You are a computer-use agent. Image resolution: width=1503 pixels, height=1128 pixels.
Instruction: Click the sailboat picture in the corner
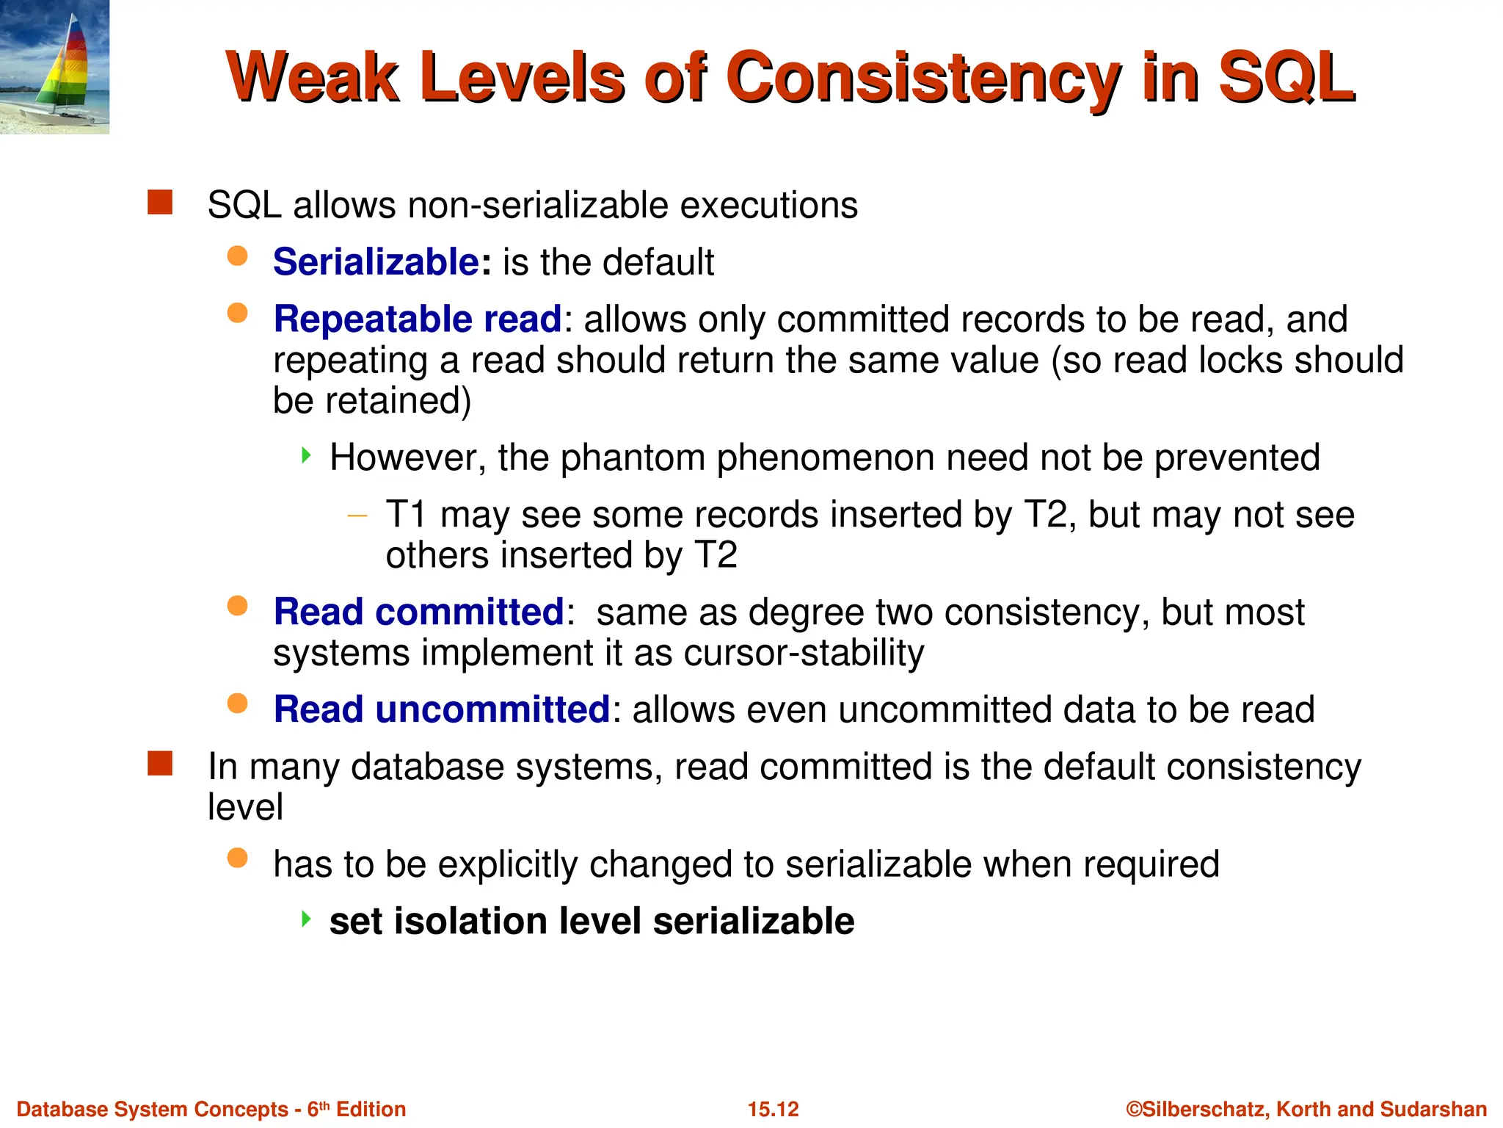54,67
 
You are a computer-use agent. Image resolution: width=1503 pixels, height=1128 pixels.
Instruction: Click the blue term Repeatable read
417,319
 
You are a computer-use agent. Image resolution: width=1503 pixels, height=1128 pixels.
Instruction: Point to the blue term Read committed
418,612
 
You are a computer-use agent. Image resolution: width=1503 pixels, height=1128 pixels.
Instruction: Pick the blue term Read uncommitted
442,709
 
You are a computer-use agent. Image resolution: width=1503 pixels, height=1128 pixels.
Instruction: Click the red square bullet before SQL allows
160,203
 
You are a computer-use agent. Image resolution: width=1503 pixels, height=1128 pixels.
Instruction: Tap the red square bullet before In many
160,764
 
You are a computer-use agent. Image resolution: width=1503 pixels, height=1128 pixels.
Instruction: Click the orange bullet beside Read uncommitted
237,704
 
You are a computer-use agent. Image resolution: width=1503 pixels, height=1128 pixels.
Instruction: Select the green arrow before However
307,455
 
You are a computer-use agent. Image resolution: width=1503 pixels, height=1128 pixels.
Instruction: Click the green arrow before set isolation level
307,918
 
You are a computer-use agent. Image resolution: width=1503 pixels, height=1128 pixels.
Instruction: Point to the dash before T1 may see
357,516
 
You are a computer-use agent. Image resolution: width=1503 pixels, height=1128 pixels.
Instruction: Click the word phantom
632,458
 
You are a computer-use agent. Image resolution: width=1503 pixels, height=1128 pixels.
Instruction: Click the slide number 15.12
773,1109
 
